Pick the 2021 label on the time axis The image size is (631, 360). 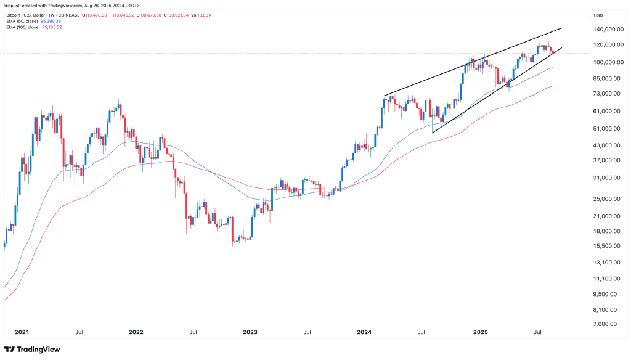pyautogui.click(x=22, y=332)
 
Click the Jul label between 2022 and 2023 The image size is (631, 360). pyautogui.click(x=193, y=332)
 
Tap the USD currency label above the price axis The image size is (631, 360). pyautogui.click(x=598, y=15)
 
